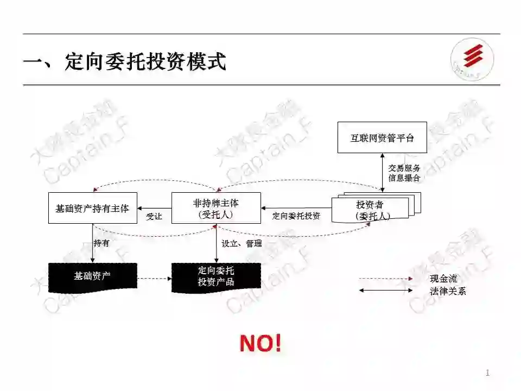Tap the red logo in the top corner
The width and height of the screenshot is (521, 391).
(473, 59)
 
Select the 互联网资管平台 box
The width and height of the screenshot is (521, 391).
(382, 137)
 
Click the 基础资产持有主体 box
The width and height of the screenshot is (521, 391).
(92, 208)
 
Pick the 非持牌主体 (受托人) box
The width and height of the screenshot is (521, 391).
(216, 208)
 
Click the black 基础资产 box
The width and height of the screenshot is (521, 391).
(92, 276)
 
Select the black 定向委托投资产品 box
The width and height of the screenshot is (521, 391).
(216, 276)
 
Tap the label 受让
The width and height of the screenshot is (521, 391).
(154, 217)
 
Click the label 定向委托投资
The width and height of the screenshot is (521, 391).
(296, 216)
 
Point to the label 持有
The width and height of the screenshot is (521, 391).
(101, 243)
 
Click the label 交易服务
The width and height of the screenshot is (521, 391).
(404, 168)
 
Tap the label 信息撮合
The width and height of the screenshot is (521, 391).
(404, 178)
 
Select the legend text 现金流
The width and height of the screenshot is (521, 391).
(443, 279)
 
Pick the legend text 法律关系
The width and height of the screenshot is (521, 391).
(448, 291)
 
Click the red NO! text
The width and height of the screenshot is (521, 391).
(260, 343)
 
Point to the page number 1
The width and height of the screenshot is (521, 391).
(487, 373)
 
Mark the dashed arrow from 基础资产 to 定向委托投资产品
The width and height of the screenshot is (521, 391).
(154, 279)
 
